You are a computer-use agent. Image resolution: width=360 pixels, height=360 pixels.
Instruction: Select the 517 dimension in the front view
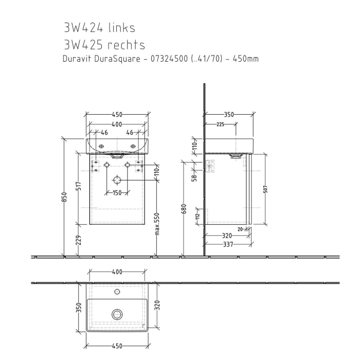(79, 186)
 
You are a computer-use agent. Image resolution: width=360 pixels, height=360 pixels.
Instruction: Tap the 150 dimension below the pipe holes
(117, 193)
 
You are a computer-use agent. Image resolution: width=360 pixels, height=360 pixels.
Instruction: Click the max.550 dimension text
(157, 230)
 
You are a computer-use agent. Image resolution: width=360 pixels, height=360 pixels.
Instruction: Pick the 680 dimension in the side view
(184, 209)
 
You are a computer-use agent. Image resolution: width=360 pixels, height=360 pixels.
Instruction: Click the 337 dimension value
(228, 245)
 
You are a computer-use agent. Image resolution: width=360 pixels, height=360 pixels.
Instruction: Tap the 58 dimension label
(195, 178)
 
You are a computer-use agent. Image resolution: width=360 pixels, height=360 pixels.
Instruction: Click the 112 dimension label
(197, 217)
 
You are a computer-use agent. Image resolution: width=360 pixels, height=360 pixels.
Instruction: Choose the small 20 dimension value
(240, 229)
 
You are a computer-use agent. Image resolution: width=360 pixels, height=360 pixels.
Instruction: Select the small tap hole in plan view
(117, 292)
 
